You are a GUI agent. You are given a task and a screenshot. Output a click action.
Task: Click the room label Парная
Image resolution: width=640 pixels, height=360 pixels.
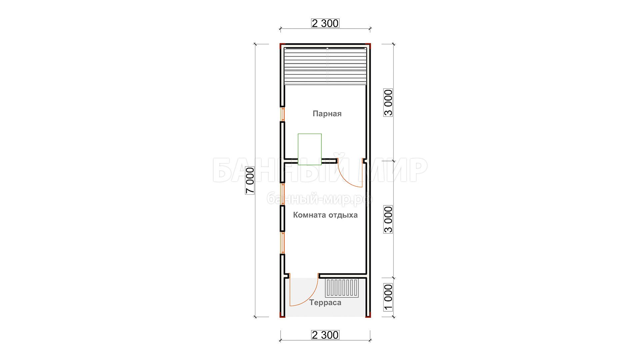[x=327, y=114]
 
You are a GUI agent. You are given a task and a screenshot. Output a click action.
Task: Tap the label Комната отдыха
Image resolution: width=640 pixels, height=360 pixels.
[x=325, y=215]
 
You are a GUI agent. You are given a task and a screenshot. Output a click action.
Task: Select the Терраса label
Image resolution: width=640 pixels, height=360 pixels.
[x=325, y=303]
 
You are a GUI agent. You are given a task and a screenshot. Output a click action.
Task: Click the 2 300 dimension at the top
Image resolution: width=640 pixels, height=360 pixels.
[x=325, y=23]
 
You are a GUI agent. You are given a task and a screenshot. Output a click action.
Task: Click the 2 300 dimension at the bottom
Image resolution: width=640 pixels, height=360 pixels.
[x=325, y=335]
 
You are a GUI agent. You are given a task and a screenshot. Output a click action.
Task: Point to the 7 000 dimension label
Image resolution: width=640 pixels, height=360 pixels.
[x=250, y=180]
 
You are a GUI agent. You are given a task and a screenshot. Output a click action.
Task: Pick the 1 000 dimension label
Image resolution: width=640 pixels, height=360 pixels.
[x=388, y=297]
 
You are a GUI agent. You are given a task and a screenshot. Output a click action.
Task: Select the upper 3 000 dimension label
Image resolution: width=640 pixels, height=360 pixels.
[x=388, y=102]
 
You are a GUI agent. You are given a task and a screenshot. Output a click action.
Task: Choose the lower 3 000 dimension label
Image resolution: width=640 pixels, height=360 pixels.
[x=388, y=219]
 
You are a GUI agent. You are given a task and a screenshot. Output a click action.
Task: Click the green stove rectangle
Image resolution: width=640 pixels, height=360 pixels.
[x=310, y=149]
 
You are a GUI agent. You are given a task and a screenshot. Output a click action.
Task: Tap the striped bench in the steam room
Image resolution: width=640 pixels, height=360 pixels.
[x=325, y=66]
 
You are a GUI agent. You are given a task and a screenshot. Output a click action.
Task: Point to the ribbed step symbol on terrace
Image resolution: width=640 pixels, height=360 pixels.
[x=342, y=288]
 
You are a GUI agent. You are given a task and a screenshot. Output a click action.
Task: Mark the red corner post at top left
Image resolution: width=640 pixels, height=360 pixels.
[x=282, y=45]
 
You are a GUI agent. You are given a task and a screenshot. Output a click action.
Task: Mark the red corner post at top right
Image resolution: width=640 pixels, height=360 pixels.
[x=368, y=45]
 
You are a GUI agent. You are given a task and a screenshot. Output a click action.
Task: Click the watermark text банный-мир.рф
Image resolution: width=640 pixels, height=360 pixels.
[x=320, y=199]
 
